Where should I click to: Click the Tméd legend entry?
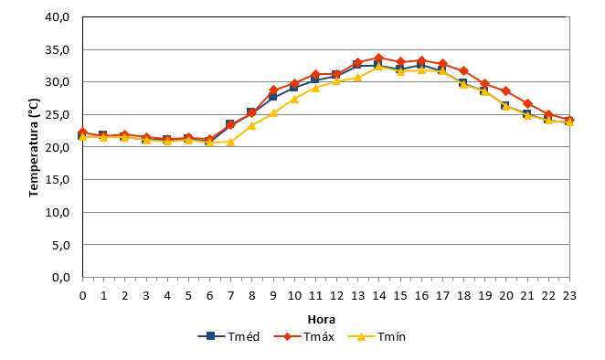(228, 336)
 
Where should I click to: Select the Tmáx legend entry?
(303, 336)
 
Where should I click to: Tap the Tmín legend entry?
(377, 336)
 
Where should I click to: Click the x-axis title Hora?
(322, 320)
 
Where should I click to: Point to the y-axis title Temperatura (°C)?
(34, 147)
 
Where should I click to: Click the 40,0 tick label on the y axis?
(57, 17)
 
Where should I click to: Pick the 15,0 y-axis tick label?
(57, 179)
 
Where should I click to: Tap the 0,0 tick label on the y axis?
(60, 277)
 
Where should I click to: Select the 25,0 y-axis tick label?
(57, 114)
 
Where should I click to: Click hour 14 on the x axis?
(379, 295)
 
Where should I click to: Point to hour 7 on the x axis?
(230, 295)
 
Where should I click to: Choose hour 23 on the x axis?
(569, 295)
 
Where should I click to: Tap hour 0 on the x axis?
(82, 295)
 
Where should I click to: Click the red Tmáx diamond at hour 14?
(379, 58)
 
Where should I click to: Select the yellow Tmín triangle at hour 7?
(230, 142)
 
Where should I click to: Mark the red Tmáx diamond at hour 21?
(527, 103)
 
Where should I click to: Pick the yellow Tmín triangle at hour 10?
(294, 99)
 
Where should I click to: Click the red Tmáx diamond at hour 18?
(463, 71)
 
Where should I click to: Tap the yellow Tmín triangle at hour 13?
(357, 78)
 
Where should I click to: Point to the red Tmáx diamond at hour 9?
(273, 90)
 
